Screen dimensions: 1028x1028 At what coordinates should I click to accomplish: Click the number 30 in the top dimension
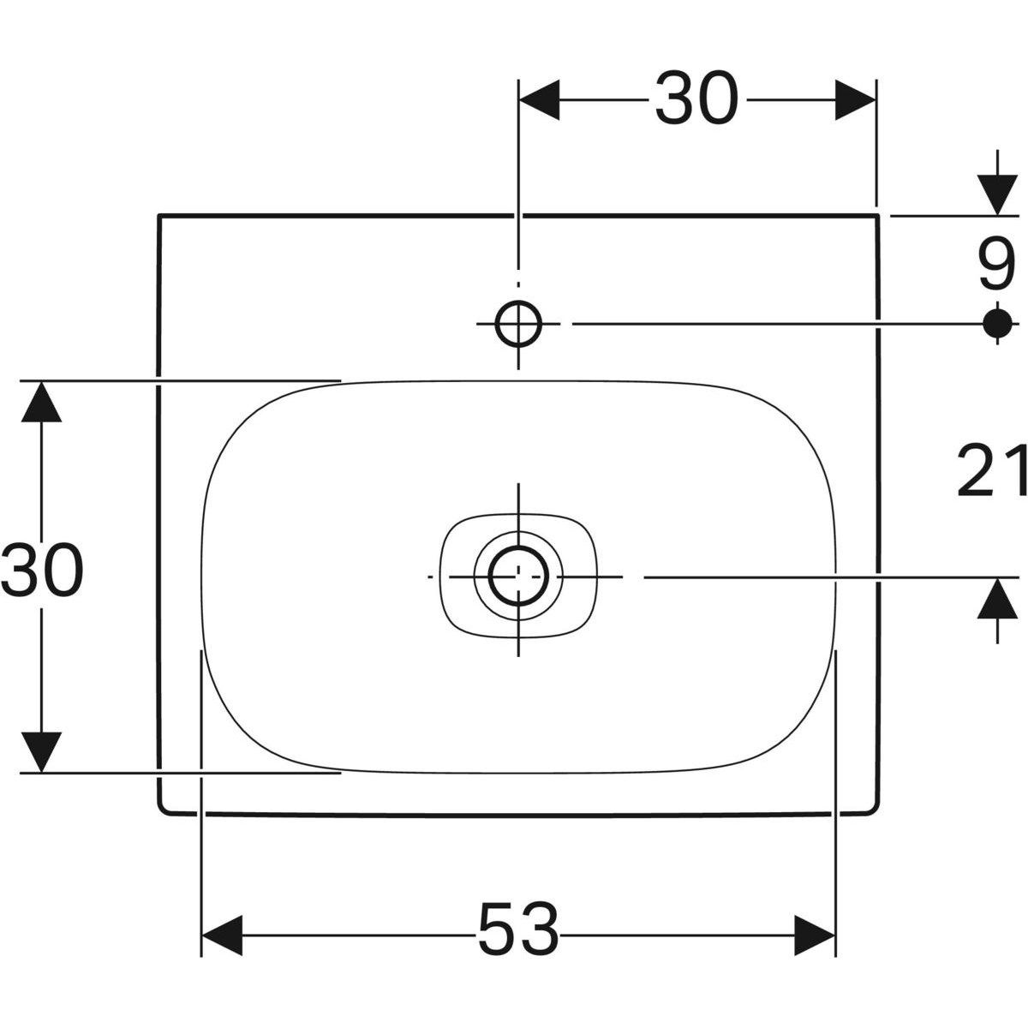696,99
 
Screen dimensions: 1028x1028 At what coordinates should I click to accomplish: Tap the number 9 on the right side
995,267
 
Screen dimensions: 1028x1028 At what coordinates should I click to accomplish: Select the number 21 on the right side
992,471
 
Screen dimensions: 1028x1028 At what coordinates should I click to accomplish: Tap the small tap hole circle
518,323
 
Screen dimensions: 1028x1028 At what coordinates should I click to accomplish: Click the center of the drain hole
518,577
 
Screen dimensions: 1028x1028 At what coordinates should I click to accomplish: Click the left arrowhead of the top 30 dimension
540,99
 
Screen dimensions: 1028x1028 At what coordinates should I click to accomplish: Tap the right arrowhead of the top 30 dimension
855,99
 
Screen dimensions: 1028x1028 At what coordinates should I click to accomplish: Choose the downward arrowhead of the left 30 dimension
40,751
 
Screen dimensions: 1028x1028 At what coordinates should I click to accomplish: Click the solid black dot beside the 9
995,323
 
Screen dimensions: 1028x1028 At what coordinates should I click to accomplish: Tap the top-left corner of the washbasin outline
159,216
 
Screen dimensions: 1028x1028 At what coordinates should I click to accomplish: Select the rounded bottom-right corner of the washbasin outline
874,810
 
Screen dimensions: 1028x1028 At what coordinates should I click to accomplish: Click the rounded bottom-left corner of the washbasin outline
163,810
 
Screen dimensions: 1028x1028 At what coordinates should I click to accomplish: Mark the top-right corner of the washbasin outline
877,216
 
